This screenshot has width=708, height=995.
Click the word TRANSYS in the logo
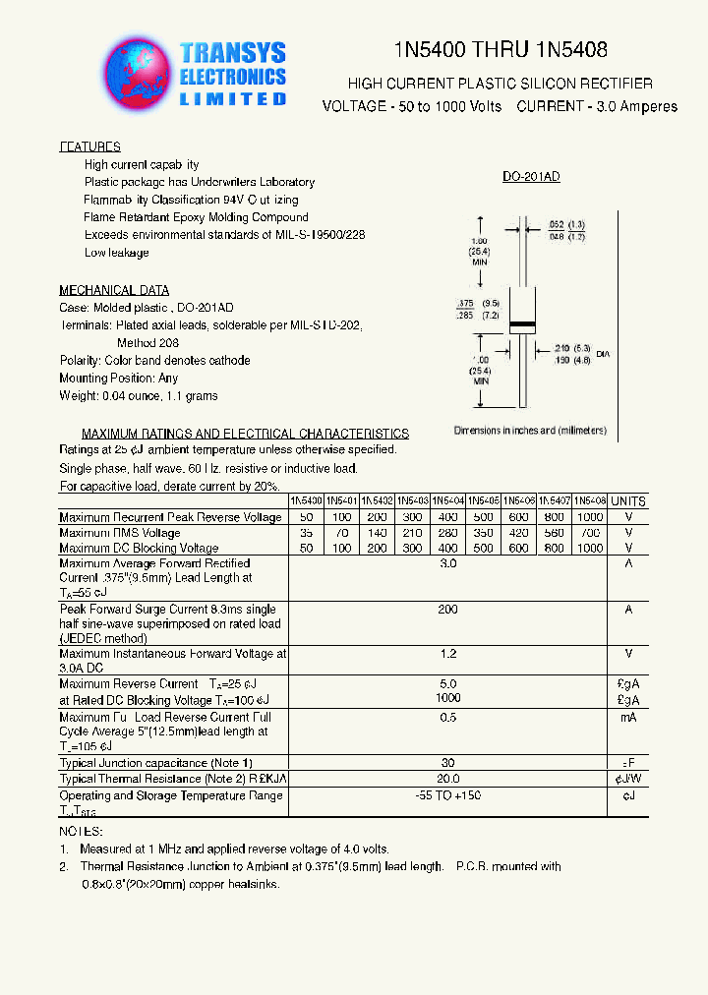pyautogui.click(x=233, y=54)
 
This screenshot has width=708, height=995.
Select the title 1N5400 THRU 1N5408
pyautogui.click(x=500, y=50)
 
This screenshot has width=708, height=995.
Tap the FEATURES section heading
pyautogui.click(x=90, y=146)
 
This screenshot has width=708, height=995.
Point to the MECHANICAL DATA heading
pyautogui.click(x=114, y=290)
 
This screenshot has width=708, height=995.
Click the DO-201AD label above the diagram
pyautogui.click(x=531, y=177)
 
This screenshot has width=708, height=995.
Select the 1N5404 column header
pyautogui.click(x=448, y=500)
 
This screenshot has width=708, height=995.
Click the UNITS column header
pyautogui.click(x=628, y=501)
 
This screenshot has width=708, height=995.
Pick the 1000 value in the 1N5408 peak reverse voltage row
pyautogui.click(x=590, y=517)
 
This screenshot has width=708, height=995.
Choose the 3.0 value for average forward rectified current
pyautogui.click(x=448, y=563)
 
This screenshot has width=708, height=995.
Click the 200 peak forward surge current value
pyautogui.click(x=448, y=610)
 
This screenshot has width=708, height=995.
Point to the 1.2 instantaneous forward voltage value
pyautogui.click(x=448, y=654)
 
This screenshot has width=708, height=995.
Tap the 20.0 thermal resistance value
pyautogui.click(x=448, y=778)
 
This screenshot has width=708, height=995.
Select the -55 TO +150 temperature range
pyautogui.click(x=448, y=795)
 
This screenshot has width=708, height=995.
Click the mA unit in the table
pyautogui.click(x=628, y=718)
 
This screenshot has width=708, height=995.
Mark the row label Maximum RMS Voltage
pyautogui.click(x=120, y=533)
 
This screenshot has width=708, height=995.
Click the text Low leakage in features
pyautogui.click(x=117, y=253)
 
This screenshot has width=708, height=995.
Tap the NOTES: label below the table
pyautogui.click(x=81, y=832)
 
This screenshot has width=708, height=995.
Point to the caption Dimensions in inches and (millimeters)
pyautogui.click(x=530, y=431)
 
